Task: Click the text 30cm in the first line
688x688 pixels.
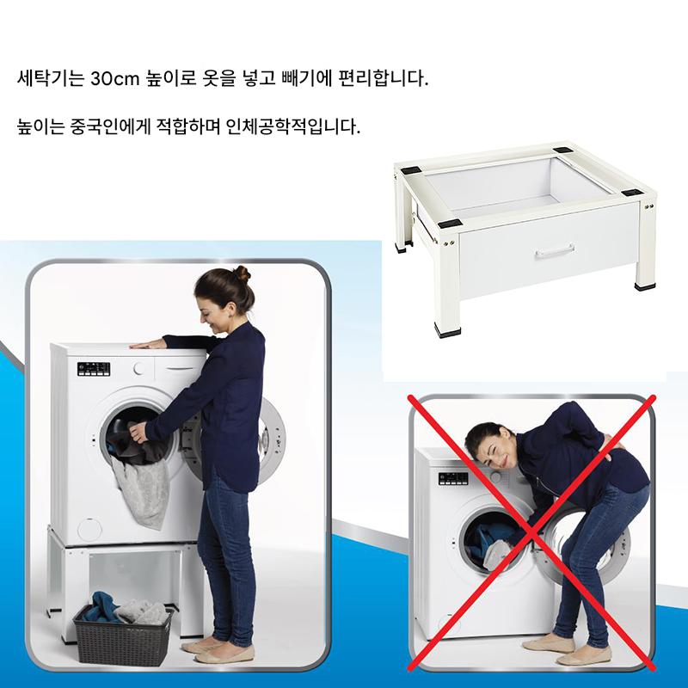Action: tap(114, 79)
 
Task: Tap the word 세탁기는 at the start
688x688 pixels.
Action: tap(50, 79)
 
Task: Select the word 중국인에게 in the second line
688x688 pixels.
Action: tap(110, 126)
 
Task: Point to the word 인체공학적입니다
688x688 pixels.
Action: tap(292, 126)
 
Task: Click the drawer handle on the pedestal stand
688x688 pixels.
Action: tap(555, 250)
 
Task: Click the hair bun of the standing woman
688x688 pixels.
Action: tap(242, 274)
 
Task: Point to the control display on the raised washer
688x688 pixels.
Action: tap(94, 369)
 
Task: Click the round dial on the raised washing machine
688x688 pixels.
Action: tap(139, 369)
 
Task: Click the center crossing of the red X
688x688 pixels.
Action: tap(531, 532)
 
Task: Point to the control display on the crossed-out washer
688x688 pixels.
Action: tap(453, 478)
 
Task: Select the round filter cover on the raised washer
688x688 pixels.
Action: tap(89, 530)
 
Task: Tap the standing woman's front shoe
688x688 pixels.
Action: tap(224, 655)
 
